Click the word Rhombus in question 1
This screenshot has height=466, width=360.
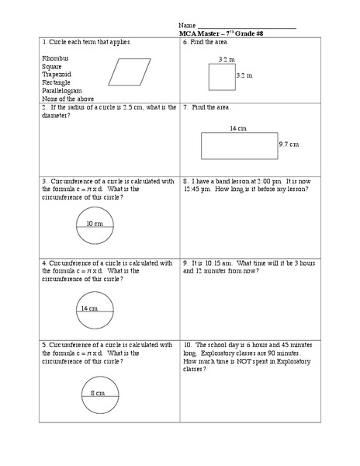tap(55, 58)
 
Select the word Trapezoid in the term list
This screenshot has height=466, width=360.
tap(57, 75)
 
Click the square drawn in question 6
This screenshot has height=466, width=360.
tap(221, 76)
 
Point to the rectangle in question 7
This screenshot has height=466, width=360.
tap(238, 145)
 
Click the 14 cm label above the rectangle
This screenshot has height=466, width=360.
tap(237, 128)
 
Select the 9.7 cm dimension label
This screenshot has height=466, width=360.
tap(289, 144)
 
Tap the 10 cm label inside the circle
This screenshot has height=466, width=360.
tap(95, 224)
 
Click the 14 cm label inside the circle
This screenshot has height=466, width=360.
tap(88, 308)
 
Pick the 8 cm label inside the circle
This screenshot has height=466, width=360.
tap(98, 393)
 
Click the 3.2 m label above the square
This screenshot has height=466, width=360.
tap(227, 59)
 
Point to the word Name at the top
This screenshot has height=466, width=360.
tap(186, 26)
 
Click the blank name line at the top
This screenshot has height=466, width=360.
tap(246, 27)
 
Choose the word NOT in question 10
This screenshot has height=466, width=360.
tap(259, 361)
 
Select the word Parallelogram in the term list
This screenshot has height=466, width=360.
tap(62, 90)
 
